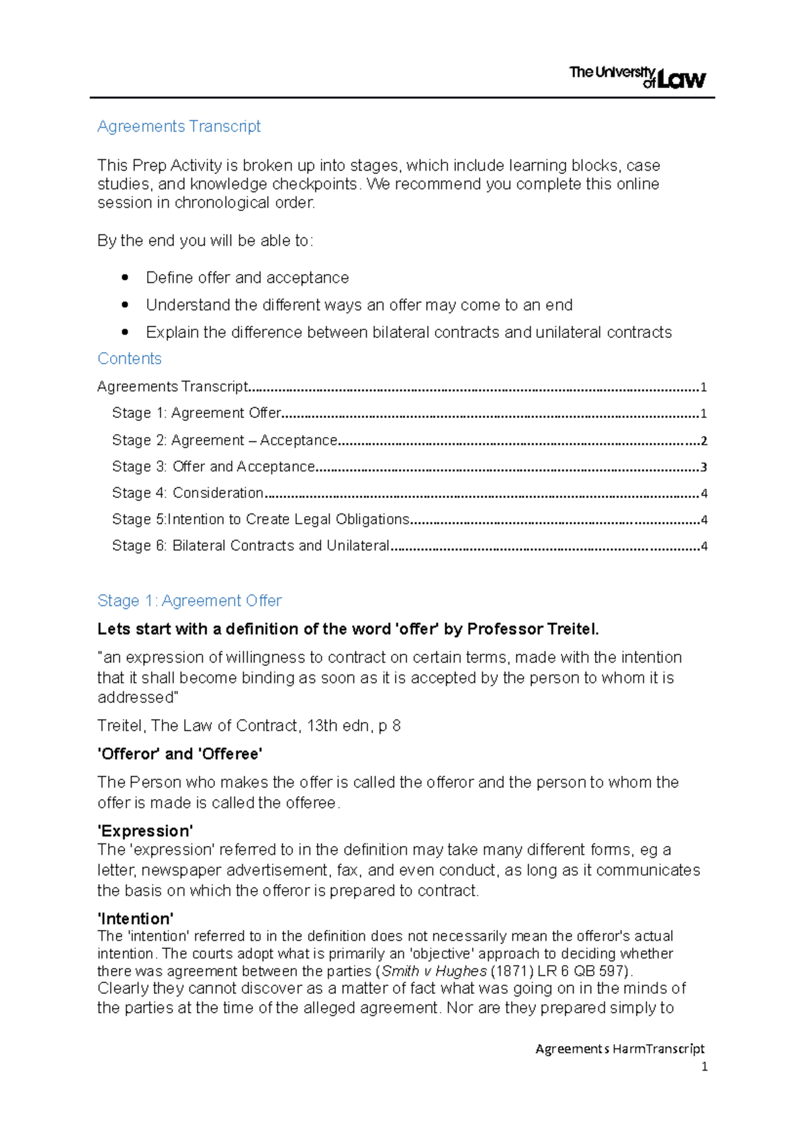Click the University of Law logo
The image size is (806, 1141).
[x=637, y=77]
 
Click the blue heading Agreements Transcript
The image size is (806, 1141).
[x=179, y=126]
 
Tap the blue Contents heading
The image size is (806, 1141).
[x=130, y=359]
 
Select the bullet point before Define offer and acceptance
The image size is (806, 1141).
[x=125, y=278]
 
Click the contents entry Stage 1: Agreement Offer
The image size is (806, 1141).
[x=196, y=413]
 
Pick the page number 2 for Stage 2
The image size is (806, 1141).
[x=704, y=441]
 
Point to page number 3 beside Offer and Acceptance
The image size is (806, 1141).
[x=704, y=468]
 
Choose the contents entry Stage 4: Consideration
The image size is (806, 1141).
[x=187, y=493]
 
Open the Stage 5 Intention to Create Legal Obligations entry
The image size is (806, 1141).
[x=261, y=519]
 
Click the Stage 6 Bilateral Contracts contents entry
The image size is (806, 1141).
[x=251, y=546]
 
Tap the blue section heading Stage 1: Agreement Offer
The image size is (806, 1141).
[x=189, y=601]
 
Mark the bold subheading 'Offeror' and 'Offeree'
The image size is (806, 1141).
[x=179, y=754]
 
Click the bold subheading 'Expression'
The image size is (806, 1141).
[x=145, y=831]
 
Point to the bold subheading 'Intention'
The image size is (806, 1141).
[x=136, y=919]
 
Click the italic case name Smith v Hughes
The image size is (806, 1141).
[x=434, y=971]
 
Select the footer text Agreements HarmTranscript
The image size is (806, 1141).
[x=619, y=1049]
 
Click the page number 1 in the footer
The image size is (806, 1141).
[x=704, y=1066]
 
